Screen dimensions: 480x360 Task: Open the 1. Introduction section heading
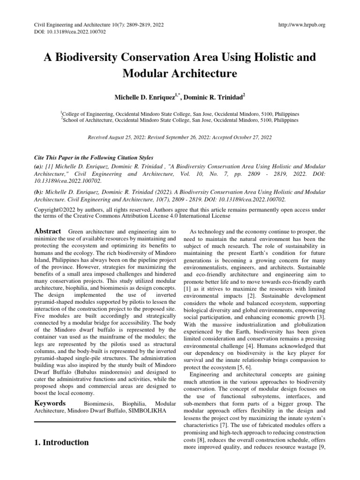[61, 442]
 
